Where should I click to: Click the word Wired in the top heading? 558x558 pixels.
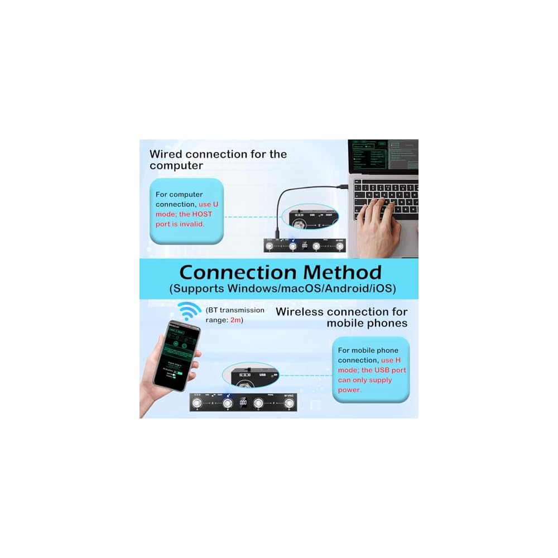click(x=166, y=154)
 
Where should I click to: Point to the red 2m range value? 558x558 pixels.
click(x=237, y=320)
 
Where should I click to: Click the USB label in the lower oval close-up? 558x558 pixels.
click(x=263, y=375)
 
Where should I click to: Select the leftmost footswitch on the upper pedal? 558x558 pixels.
click(x=272, y=245)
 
